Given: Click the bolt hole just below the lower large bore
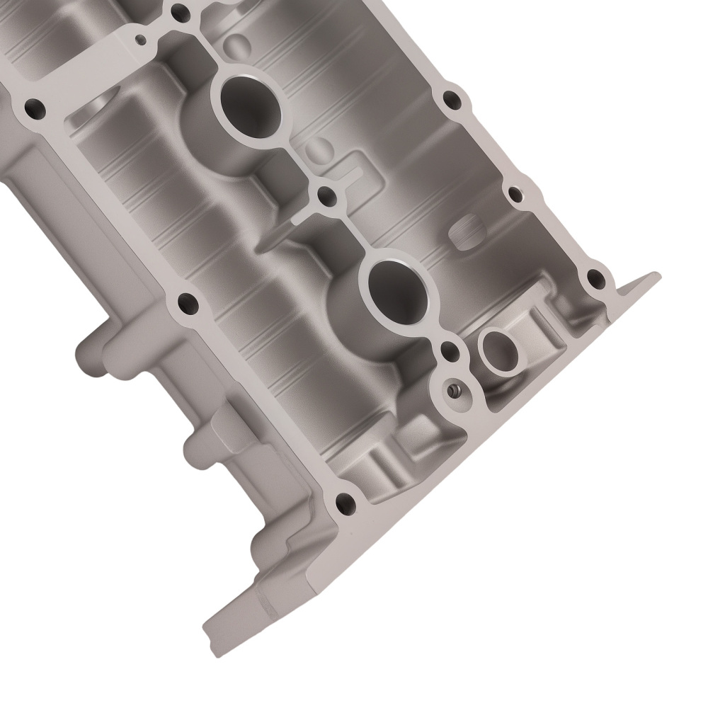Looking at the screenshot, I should (448, 349).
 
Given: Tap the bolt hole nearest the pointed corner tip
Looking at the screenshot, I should (594, 278).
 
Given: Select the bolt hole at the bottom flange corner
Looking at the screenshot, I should (347, 504).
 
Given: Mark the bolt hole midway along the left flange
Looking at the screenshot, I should (187, 305).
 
